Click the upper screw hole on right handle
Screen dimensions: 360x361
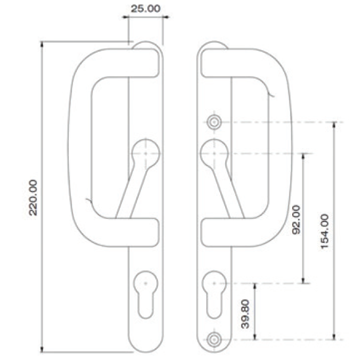[213, 122]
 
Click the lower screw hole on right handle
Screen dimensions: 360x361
[213, 339]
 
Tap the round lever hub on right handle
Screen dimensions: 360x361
[213, 153]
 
